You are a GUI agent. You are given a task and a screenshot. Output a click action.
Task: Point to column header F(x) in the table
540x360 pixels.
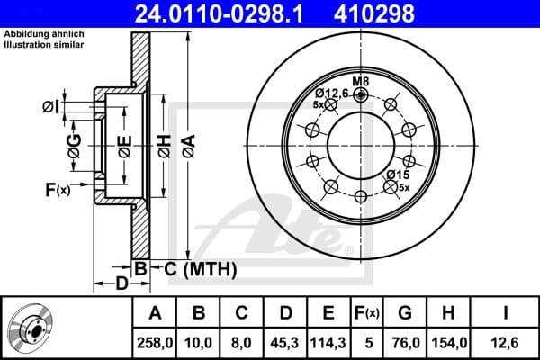click(367, 312)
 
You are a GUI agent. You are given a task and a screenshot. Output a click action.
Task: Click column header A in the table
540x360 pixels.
click(155, 312)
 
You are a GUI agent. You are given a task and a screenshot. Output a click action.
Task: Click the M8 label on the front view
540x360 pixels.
click(361, 81)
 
